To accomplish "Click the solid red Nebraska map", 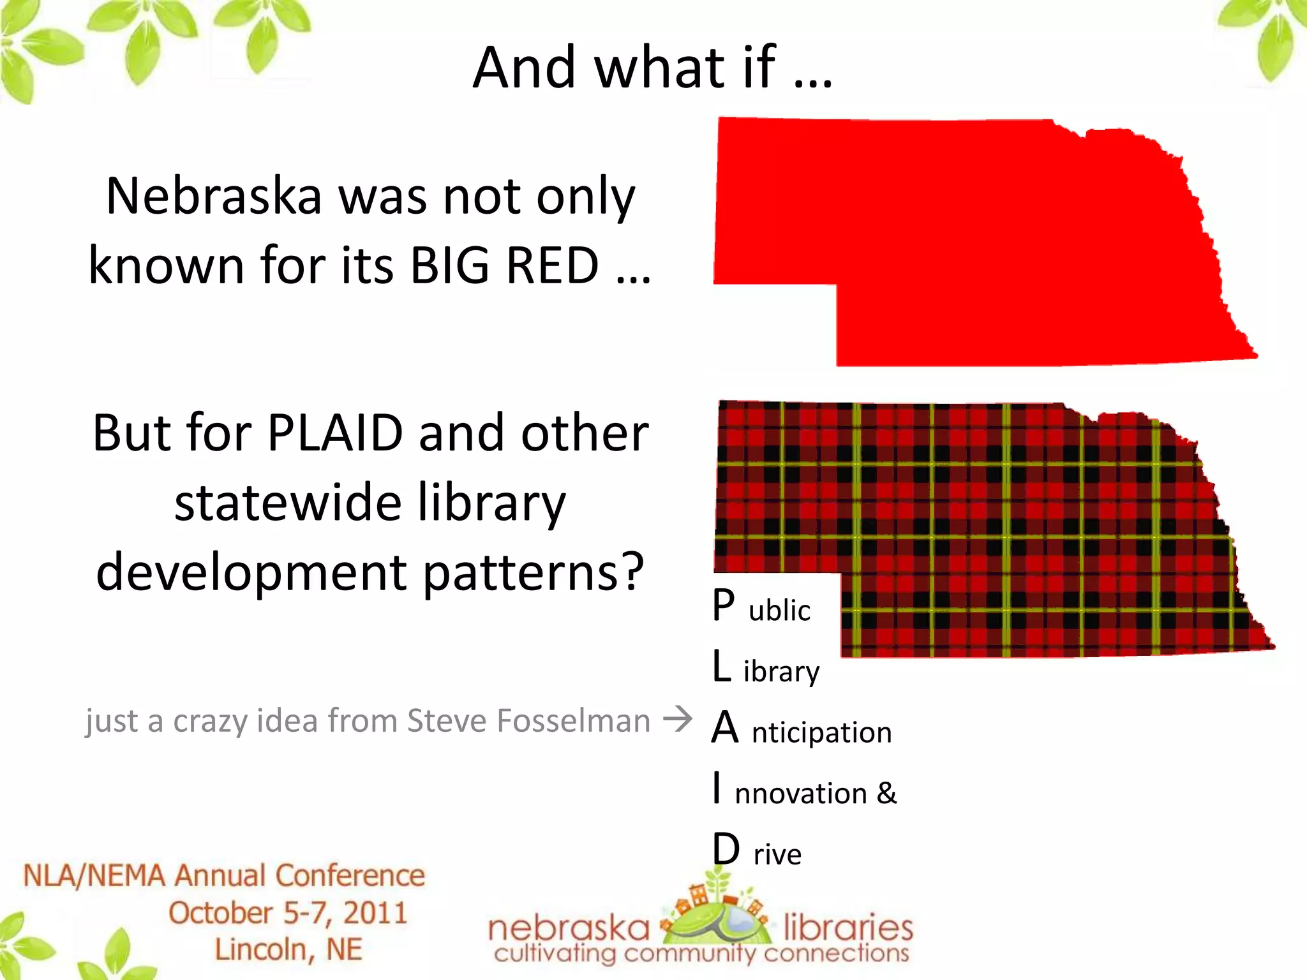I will tap(983, 242).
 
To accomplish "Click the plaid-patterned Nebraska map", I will tap(996, 523).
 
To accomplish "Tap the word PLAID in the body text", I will tap(335, 433).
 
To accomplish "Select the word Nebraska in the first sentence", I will tap(214, 196).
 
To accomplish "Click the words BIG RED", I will tap(504, 265).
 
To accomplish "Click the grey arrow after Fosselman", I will tap(678, 719).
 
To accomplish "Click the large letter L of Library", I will tap(721, 666).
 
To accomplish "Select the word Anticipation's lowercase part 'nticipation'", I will tap(821, 732).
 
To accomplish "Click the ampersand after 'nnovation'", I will tap(886, 793).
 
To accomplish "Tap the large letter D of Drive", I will tap(726, 850).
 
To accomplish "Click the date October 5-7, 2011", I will tap(288, 913).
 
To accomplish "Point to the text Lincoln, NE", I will tap(288, 949).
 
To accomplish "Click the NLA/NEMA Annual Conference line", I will tap(224, 875).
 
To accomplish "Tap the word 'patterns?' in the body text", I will tap(534, 572).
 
